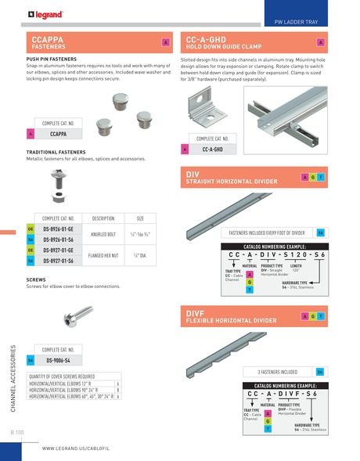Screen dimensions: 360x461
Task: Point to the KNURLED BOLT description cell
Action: pyautogui.click(x=103, y=234)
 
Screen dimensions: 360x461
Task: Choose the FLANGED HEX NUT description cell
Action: pyautogui.click(x=103, y=255)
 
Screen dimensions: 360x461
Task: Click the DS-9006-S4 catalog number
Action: pyautogui.click(x=58, y=360)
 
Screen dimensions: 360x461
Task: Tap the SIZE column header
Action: pyautogui.click(x=140, y=218)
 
